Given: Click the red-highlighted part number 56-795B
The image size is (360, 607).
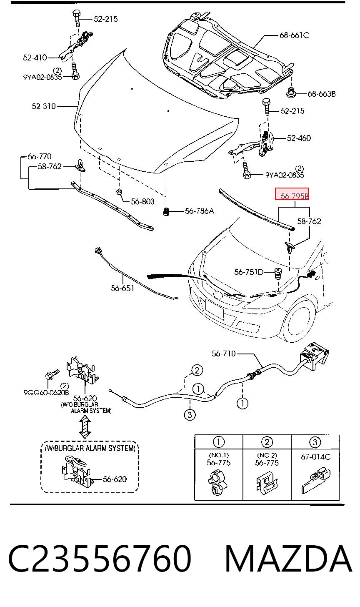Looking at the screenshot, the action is [294, 196].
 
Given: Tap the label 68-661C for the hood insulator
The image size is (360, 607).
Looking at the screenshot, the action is [294, 35].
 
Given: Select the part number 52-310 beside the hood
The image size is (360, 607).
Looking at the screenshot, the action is [44, 106].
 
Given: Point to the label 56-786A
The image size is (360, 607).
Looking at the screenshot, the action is [199, 211].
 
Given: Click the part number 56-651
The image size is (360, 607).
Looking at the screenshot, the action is [122, 288].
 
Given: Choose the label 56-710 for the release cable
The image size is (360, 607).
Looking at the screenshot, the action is [223, 354].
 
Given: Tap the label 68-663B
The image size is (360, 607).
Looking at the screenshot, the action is [322, 94].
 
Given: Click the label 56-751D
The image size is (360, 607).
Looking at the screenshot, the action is [249, 272].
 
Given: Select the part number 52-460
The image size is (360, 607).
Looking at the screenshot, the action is [299, 138].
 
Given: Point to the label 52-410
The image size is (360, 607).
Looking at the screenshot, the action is [35, 58].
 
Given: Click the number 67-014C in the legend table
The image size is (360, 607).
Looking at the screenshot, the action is [315, 457].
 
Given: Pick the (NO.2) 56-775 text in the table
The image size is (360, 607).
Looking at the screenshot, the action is [267, 459].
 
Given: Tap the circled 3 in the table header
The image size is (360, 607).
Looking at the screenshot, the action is [315, 442].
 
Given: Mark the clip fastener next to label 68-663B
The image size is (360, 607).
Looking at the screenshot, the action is [291, 93].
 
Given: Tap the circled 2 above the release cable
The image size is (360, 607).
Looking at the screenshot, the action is [197, 370].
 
